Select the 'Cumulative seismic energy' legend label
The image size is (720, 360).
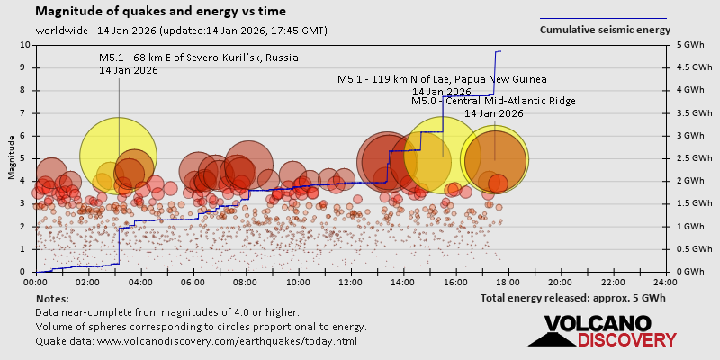click(605, 30)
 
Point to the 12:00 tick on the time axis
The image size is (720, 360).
click(351, 282)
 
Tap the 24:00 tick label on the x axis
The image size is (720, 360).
click(665, 282)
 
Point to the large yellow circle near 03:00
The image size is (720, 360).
click(119, 155)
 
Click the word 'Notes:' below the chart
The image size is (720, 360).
click(53, 298)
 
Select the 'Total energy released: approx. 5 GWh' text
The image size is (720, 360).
click(572, 298)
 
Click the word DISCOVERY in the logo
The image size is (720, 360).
click(626, 340)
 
